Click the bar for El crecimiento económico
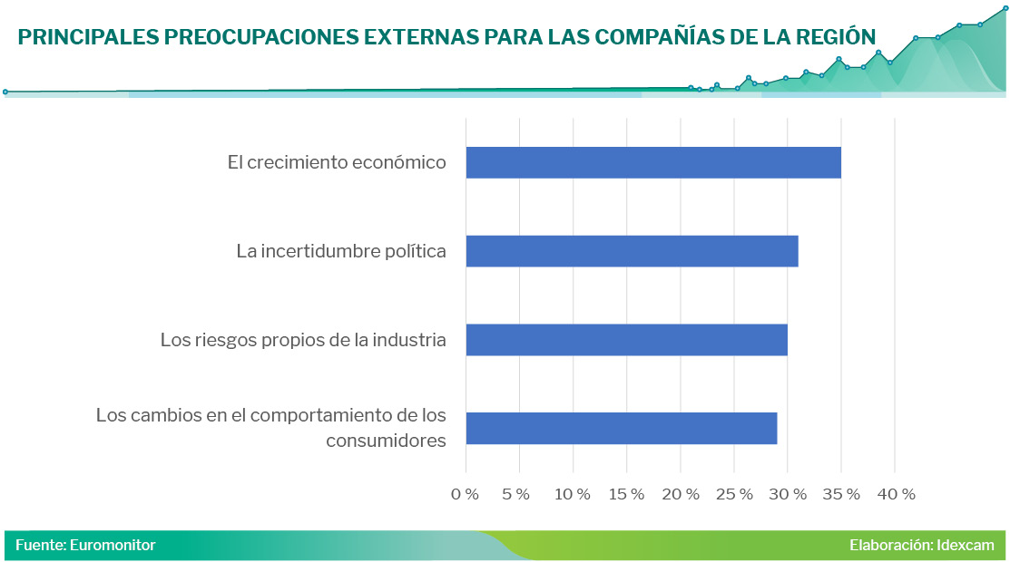tap(653, 162)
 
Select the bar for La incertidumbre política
tap(632, 251)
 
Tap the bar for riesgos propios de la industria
tap(626, 340)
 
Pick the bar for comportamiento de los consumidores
tap(621, 428)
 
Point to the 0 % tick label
tap(466, 494)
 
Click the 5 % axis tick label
tap(516, 494)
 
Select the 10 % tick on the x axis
tap(573, 494)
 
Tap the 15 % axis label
tap(626, 494)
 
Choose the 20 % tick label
tap(681, 494)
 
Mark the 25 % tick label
tap(734, 494)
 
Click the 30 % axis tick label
tap(789, 494)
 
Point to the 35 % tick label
tap(841, 494)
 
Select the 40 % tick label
tap(896, 494)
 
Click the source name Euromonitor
tap(113, 545)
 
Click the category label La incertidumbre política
tap(341, 251)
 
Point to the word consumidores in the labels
tap(386, 441)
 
